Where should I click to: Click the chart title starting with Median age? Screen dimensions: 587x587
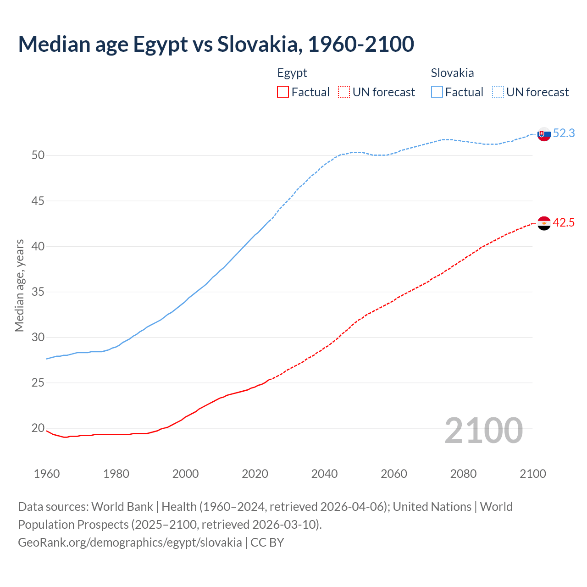[x=216, y=44]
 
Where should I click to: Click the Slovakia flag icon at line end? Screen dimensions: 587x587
[x=544, y=134]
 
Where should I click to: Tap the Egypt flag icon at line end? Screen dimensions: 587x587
[x=544, y=223]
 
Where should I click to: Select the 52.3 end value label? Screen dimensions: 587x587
[x=564, y=133]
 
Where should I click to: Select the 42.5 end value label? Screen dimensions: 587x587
[x=564, y=223]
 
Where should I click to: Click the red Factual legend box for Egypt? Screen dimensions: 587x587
[x=283, y=92]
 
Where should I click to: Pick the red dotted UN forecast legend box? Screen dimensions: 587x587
[x=344, y=92]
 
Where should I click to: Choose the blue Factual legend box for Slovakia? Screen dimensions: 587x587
[x=437, y=92]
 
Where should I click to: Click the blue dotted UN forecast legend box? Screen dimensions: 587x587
[x=498, y=92]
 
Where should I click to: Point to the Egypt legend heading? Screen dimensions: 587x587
[x=292, y=73]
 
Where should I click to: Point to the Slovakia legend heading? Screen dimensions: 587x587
[x=452, y=73]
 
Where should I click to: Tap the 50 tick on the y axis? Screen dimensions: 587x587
[x=38, y=155]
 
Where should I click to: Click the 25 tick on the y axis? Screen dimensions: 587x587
[x=38, y=382]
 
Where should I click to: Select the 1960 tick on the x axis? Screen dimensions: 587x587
[x=47, y=474]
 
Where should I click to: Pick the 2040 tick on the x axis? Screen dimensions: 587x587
[x=324, y=474]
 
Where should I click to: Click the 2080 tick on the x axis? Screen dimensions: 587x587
[x=463, y=474]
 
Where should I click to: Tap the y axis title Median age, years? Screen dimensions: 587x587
[x=19, y=285]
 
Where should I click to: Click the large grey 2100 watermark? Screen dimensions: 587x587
[x=483, y=430]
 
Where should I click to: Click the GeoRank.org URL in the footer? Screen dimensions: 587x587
[x=130, y=543]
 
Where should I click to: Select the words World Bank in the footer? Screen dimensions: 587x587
[x=122, y=507]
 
